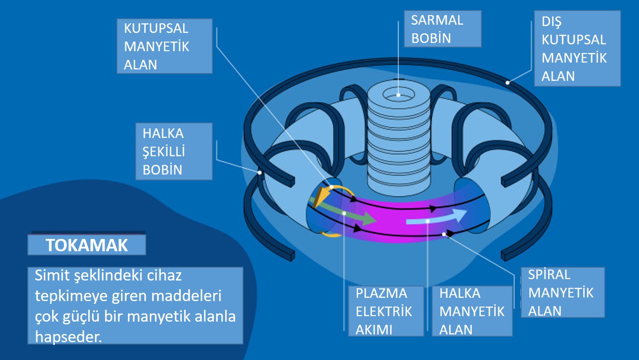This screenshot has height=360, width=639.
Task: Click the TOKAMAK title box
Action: (87, 245)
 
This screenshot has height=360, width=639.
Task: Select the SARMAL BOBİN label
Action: (443, 29)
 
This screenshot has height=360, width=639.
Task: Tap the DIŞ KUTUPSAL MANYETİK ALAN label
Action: (577, 48)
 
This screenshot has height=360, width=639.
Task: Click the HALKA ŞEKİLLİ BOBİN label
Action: (174, 152)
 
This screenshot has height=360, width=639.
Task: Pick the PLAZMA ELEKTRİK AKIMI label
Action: (386, 311)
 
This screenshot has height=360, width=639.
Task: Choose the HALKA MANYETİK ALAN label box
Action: (472, 311)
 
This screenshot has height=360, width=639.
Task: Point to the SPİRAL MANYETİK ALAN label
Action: (563, 292)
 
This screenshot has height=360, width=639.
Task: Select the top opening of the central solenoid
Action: (399, 95)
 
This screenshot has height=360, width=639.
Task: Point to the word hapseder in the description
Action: (69, 337)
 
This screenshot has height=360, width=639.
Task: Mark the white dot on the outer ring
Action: (508, 83)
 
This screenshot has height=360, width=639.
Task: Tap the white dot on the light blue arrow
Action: (428, 221)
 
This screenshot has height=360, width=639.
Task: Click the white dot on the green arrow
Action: (344, 213)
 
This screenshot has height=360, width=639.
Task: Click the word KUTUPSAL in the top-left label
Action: (156, 28)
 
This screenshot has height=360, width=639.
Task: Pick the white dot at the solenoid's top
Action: (399, 95)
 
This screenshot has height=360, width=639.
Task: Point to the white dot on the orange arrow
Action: (332, 187)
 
